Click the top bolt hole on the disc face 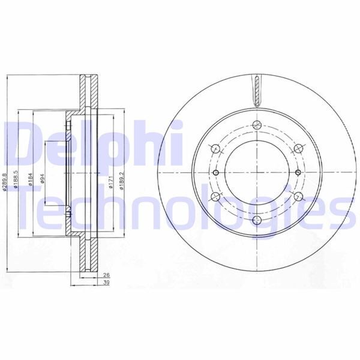[x=256, y=125]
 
